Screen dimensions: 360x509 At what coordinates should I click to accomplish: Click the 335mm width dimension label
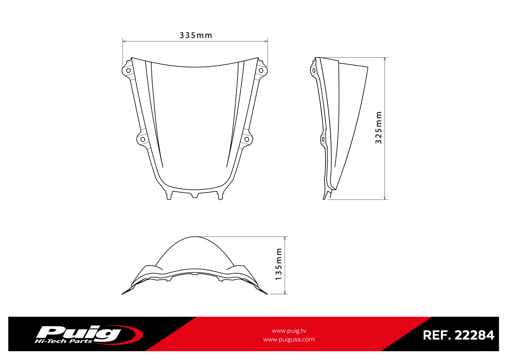coord(196,35)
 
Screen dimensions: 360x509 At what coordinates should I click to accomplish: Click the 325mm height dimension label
coord(379,128)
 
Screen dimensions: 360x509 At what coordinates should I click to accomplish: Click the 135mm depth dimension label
coord(279,264)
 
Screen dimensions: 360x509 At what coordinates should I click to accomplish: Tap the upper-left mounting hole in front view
coord(128,70)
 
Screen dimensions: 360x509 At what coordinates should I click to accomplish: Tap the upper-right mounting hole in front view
coord(261,70)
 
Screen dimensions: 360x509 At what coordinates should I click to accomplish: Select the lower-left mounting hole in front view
coord(143,139)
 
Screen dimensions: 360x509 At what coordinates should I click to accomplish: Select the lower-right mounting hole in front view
coord(247,139)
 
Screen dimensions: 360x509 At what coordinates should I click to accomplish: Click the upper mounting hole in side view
coord(314,70)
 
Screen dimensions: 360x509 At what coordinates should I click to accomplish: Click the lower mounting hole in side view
coord(323,140)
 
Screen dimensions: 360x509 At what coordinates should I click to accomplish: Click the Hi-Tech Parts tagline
coord(63,341)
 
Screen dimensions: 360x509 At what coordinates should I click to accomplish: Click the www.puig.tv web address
coord(289,331)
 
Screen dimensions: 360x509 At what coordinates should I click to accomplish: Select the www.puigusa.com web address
coord(289,340)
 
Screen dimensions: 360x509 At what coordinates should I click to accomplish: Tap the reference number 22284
coord(474,335)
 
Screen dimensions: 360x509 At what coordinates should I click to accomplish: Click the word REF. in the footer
coord(437,335)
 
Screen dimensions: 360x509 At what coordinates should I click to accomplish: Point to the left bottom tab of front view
coord(169,196)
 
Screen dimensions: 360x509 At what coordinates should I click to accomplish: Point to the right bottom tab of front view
coord(221,196)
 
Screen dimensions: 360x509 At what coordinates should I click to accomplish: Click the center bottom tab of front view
coord(195,195)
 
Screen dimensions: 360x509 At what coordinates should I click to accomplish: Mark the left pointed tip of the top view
coord(123,293)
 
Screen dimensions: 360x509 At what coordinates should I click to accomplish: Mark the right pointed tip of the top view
coord(267,293)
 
